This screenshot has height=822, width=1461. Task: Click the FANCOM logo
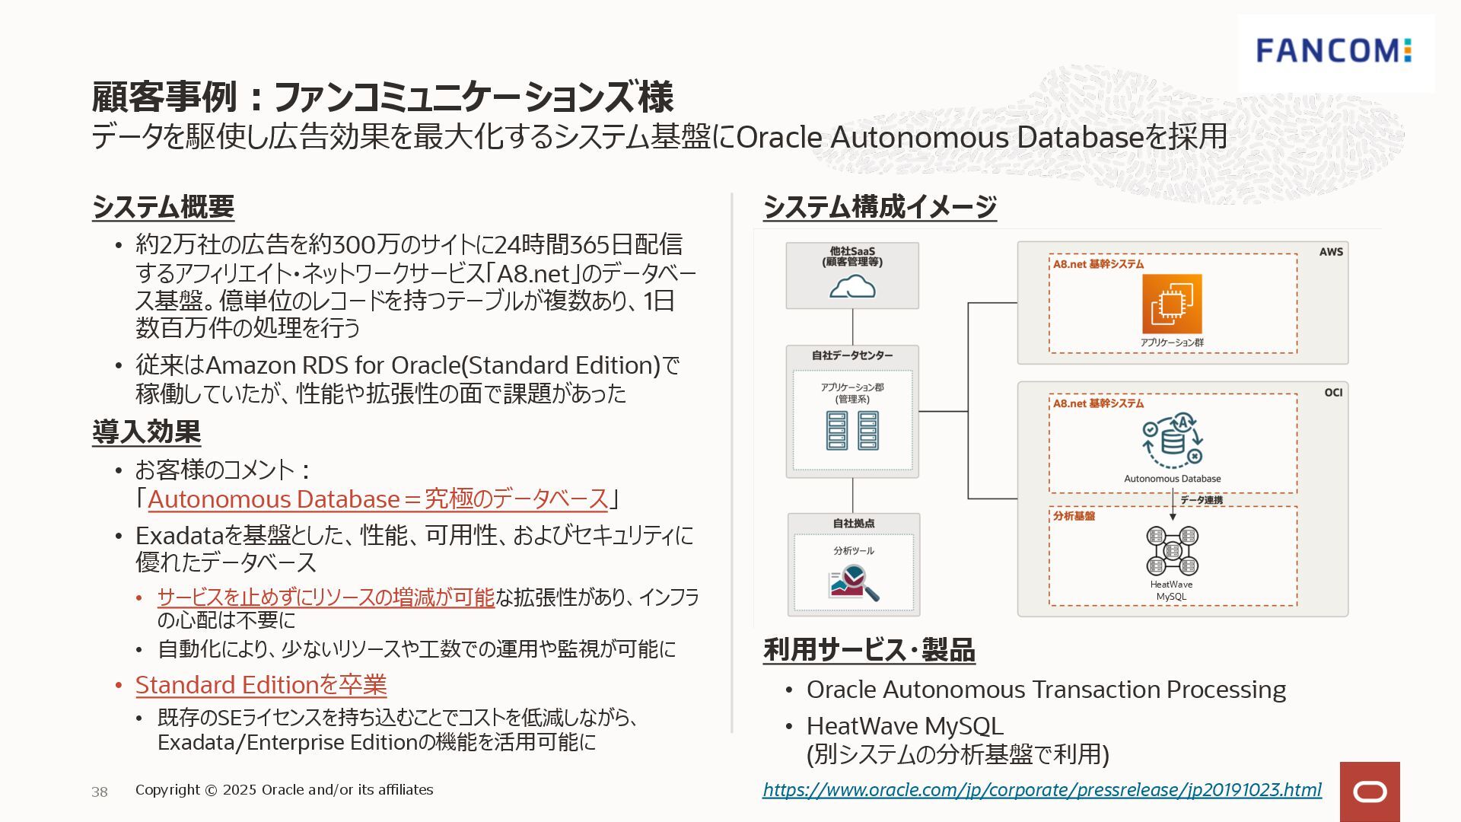tap(1334, 51)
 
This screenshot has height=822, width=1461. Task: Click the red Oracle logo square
tap(1370, 792)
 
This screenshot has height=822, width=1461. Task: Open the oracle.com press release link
tap(1042, 789)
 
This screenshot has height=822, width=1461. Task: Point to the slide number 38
tap(100, 792)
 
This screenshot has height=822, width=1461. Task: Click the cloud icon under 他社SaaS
tap(852, 287)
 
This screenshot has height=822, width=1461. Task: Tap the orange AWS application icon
tap(1172, 304)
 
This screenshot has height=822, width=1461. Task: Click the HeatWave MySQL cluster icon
tap(1172, 550)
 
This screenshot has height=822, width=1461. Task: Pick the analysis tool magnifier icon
tap(854, 582)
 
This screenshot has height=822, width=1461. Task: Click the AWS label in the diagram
tap(1331, 252)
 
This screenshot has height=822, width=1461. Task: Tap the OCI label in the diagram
tap(1333, 393)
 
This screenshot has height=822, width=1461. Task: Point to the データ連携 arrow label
tap(1202, 500)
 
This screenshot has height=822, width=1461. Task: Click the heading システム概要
tap(163, 207)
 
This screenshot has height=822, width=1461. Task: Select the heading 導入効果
tap(146, 432)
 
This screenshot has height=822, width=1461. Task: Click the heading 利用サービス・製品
tap(869, 650)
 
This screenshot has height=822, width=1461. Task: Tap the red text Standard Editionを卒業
tap(261, 685)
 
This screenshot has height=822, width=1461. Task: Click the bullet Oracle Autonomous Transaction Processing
tap(1046, 690)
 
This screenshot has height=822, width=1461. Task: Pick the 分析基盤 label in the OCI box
tap(1074, 516)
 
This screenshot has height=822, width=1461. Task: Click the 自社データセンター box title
tap(852, 355)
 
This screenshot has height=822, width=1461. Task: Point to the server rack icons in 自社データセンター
tap(852, 430)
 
